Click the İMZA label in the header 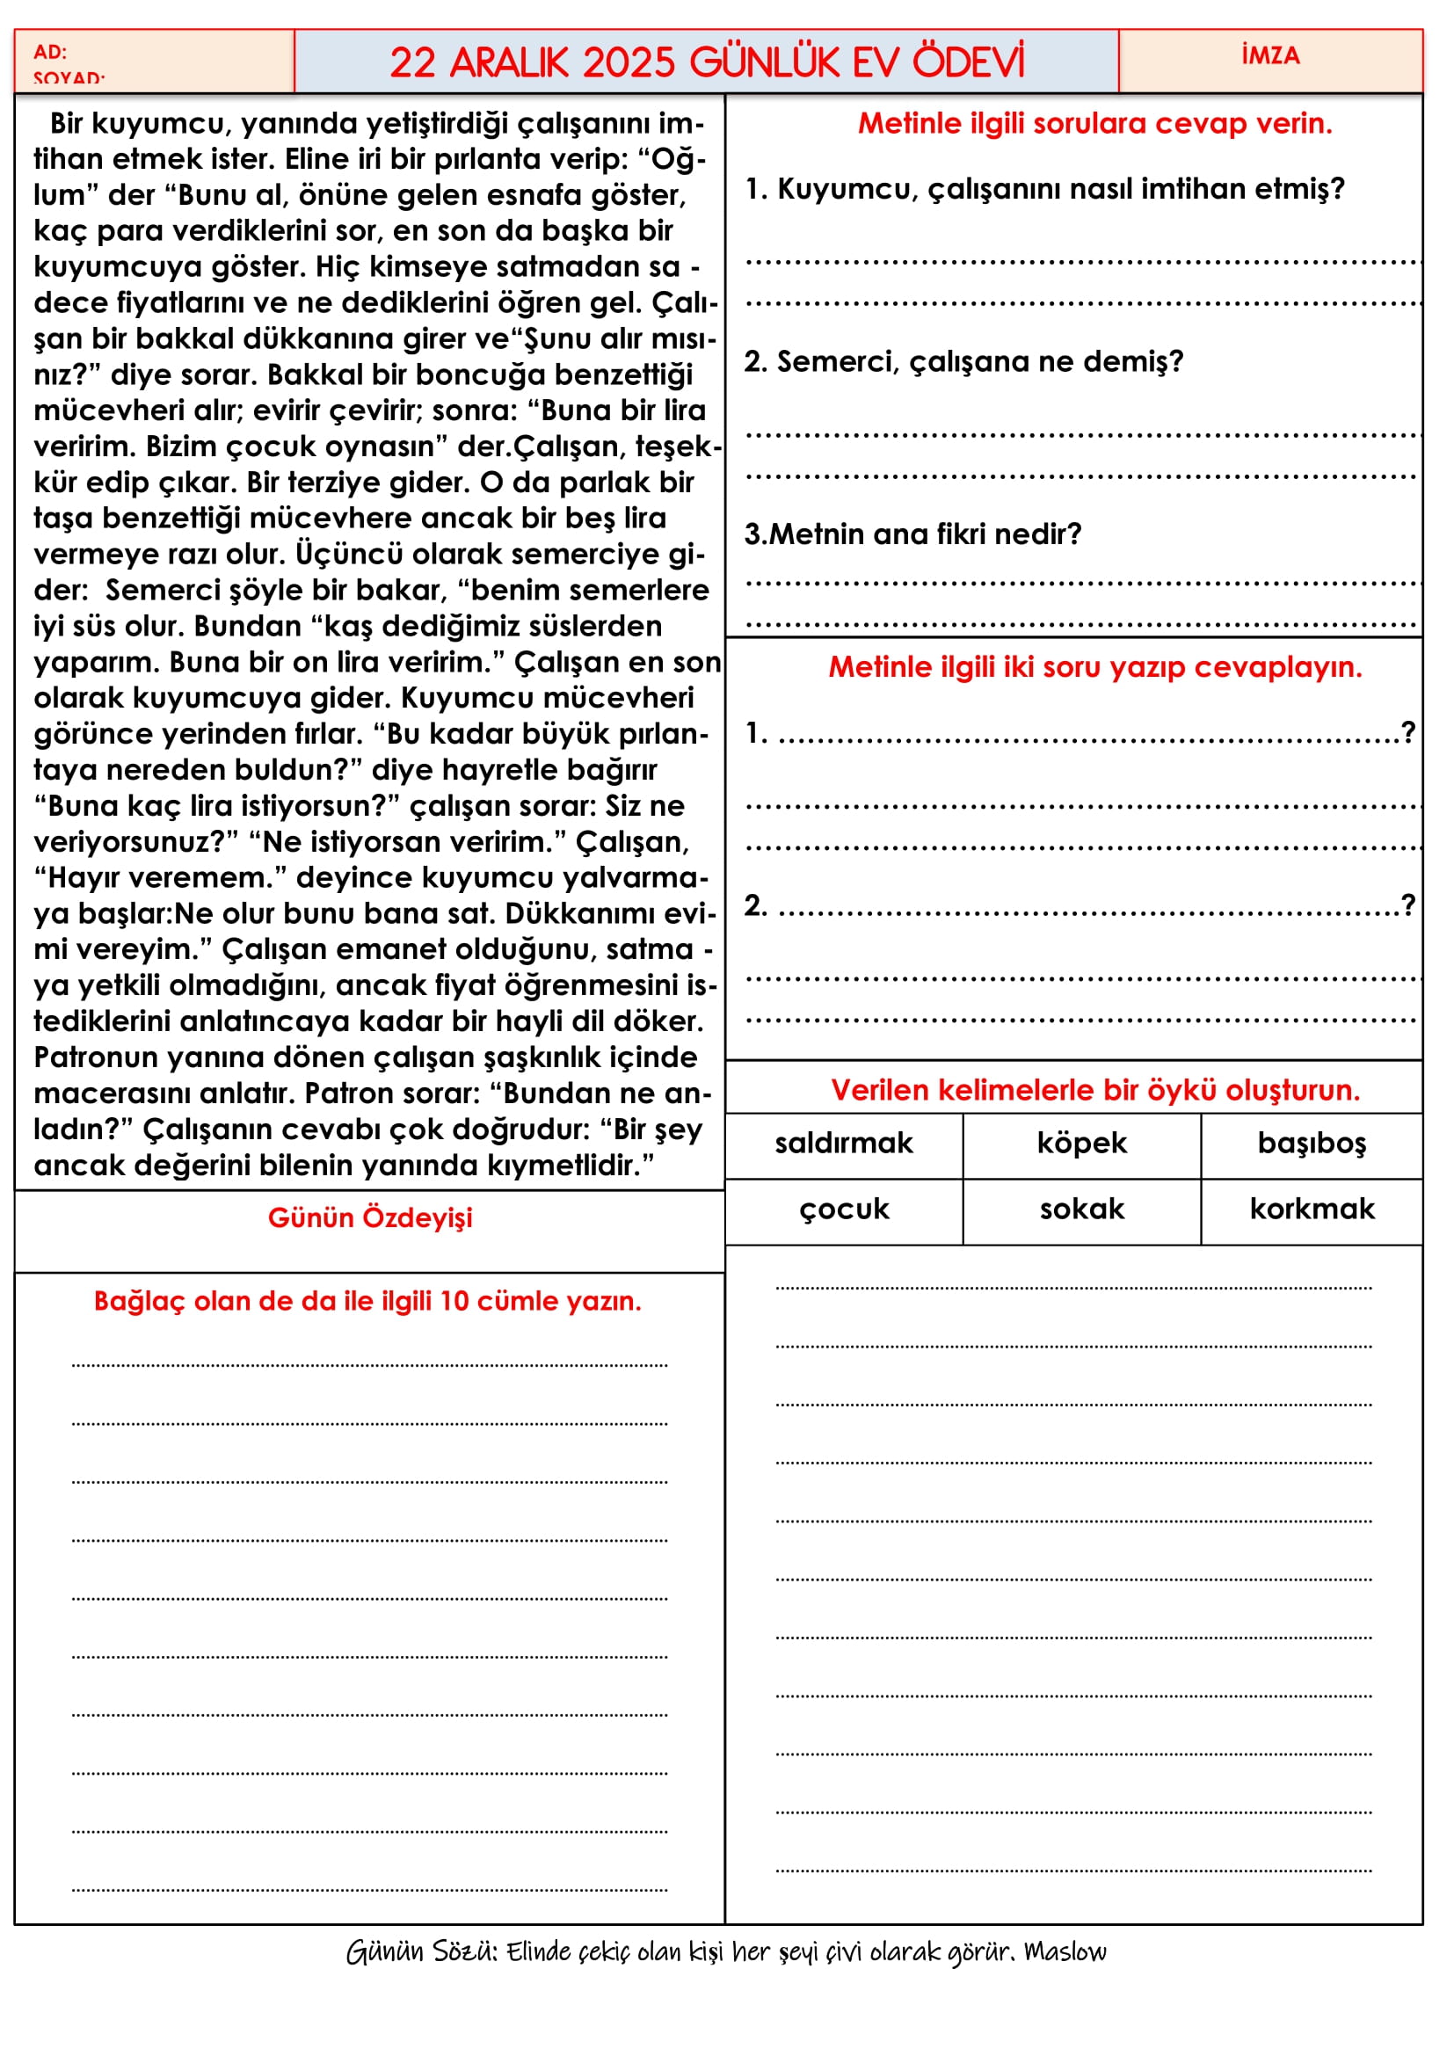(1269, 55)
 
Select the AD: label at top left (50, 52)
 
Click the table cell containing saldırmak (843, 1144)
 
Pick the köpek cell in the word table (1080, 1144)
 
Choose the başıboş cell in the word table (1311, 1144)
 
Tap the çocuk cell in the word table (843, 1210)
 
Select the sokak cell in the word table (1080, 1210)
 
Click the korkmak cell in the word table (1311, 1210)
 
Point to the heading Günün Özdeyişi (370, 1217)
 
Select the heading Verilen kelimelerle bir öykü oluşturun (1094, 1090)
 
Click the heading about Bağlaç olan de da (367, 1301)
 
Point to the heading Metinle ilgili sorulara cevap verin (1094, 124)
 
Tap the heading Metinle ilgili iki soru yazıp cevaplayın (1094, 667)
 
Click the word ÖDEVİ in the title (968, 62)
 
